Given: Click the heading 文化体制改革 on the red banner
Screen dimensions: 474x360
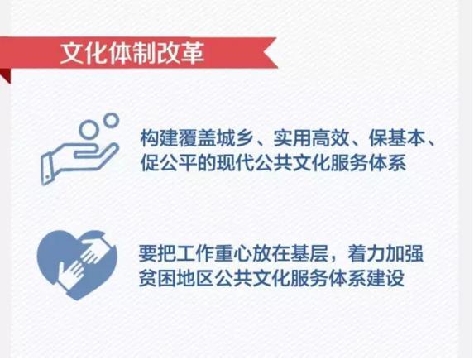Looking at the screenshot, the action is click(x=132, y=53).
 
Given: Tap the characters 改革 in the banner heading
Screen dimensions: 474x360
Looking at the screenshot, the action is click(x=180, y=53).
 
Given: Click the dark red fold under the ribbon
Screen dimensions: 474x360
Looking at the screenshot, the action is click(x=6, y=75).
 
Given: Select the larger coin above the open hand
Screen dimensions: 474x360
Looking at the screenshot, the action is click(x=89, y=129).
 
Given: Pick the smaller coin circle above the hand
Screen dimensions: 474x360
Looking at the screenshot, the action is click(x=111, y=120).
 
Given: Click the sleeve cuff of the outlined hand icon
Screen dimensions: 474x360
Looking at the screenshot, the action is click(x=47, y=169).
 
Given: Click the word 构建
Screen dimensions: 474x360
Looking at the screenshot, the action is click(x=159, y=139).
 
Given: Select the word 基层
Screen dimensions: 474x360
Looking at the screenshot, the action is click(x=310, y=253).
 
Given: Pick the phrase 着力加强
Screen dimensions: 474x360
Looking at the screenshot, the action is click(x=385, y=253).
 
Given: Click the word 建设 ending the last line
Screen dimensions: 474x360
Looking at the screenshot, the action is click(x=386, y=277).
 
